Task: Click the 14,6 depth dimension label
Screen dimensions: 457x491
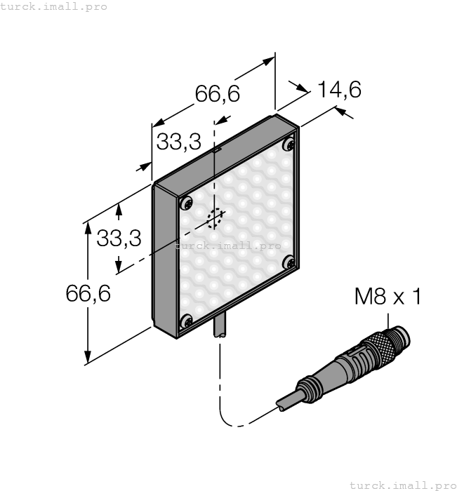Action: click(x=340, y=90)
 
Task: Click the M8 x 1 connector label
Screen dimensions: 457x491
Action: click(x=388, y=296)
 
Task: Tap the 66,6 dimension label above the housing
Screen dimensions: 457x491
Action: click(x=218, y=93)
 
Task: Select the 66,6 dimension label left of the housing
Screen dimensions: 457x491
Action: click(x=88, y=293)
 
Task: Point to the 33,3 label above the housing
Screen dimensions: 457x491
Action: click(x=179, y=141)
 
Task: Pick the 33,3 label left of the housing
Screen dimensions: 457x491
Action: click(x=119, y=238)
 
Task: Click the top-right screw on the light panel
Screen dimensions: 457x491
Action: click(x=289, y=144)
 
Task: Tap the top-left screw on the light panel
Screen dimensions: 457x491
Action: click(x=187, y=203)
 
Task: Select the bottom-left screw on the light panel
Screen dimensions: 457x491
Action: click(x=187, y=321)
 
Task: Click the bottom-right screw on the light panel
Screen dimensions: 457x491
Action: click(x=289, y=262)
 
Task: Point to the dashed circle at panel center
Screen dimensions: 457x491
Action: click(x=216, y=218)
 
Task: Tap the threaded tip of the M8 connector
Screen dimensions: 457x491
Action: click(x=399, y=337)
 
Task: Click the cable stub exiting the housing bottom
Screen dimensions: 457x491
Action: click(x=220, y=328)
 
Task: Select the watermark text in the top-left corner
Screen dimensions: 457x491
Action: click(x=53, y=6)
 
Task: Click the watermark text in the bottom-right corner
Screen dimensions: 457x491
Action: click(x=403, y=485)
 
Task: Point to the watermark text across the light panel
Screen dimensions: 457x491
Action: click(x=228, y=245)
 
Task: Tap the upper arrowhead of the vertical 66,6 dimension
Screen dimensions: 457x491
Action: click(x=88, y=228)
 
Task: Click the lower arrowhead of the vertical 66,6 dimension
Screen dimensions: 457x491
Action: click(x=88, y=357)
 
